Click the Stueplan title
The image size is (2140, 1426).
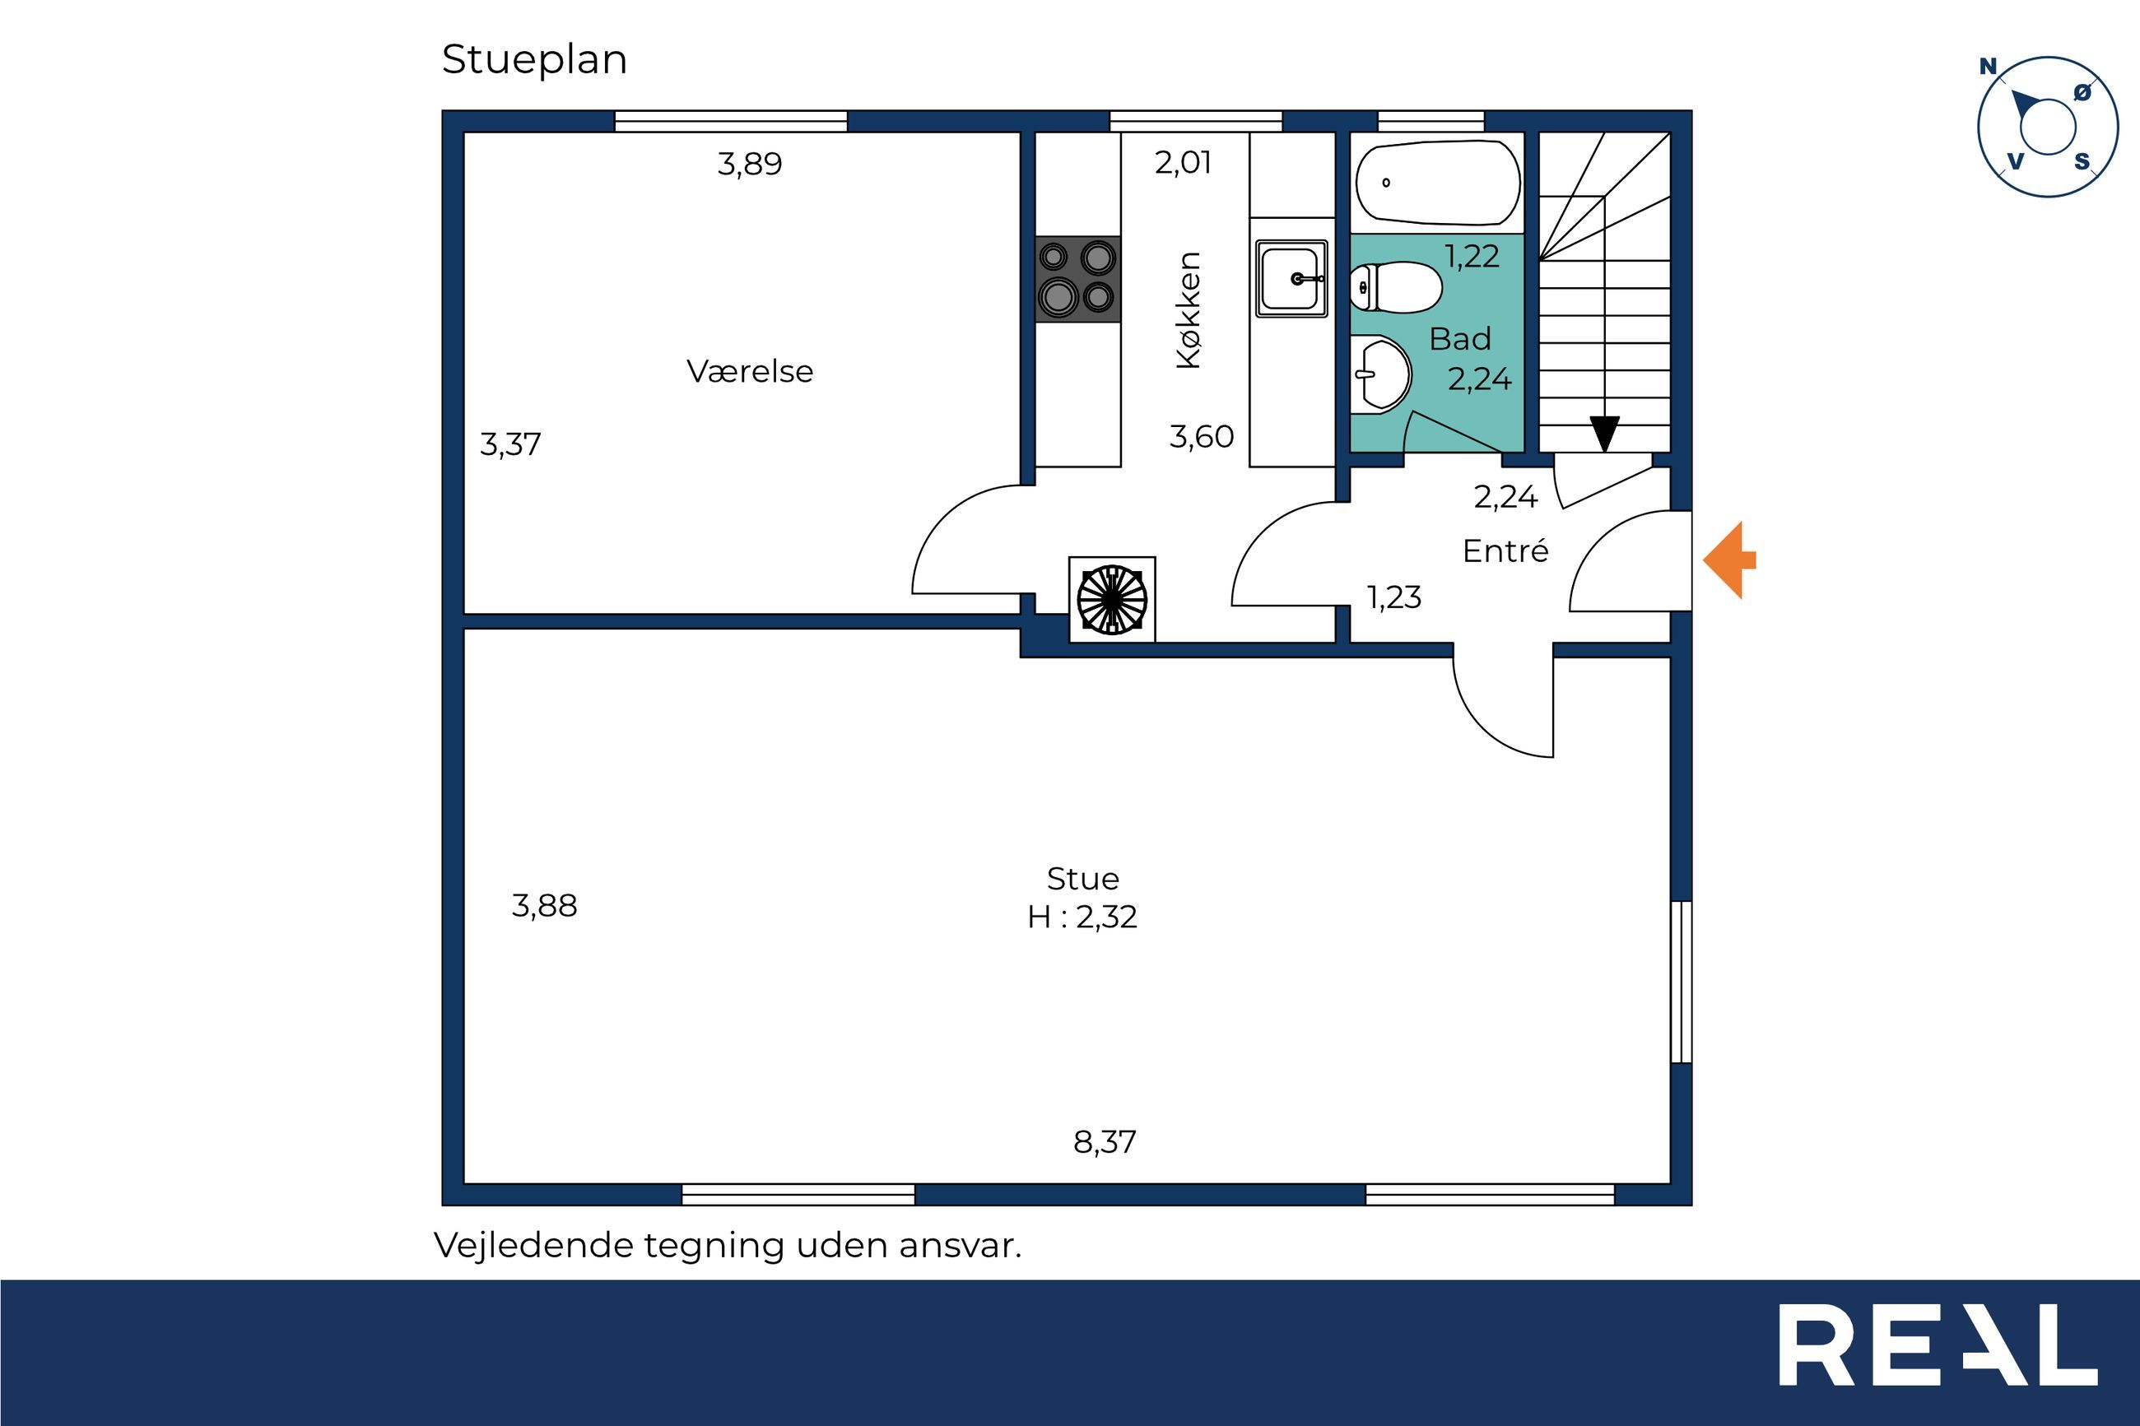pyautogui.click(x=534, y=61)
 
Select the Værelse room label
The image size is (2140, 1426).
pyautogui.click(x=749, y=371)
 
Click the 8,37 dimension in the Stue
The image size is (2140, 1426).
pyautogui.click(x=1105, y=1142)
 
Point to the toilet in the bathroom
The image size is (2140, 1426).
pyautogui.click(x=1395, y=287)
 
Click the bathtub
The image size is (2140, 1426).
pyautogui.click(x=1437, y=182)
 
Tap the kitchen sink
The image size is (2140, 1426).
pyautogui.click(x=1291, y=278)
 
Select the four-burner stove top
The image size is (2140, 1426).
pyautogui.click(x=1077, y=279)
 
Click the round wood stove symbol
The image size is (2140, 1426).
pyautogui.click(x=1111, y=599)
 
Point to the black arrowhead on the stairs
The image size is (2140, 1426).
pyautogui.click(x=1604, y=434)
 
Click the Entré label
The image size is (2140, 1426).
pyautogui.click(x=1505, y=551)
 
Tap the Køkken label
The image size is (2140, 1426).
pyautogui.click(x=1189, y=310)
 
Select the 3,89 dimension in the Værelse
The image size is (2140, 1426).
pyautogui.click(x=749, y=165)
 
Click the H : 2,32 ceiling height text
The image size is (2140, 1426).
pyautogui.click(x=1082, y=917)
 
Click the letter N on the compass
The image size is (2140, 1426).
pyautogui.click(x=1988, y=67)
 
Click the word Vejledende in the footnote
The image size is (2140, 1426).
pyautogui.click(x=534, y=1245)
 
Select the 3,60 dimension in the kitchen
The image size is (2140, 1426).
pyautogui.click(x=1202, y=438)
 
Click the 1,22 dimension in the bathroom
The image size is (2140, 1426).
pyautogui.click(x=1472, y=258)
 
